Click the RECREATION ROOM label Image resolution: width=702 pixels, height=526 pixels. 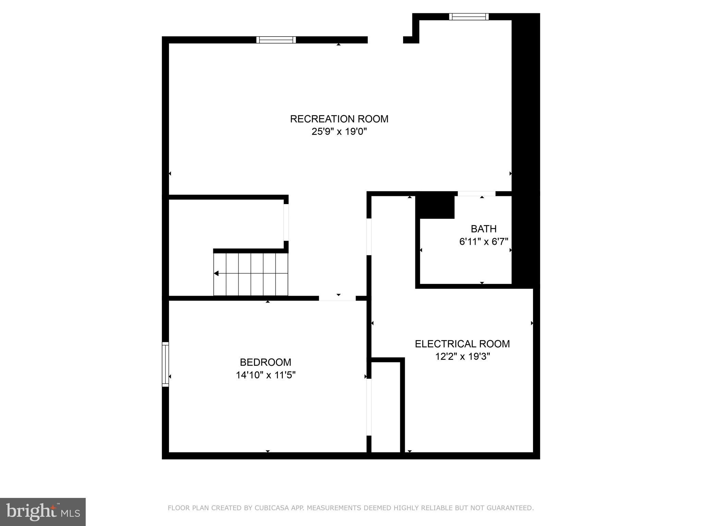339,119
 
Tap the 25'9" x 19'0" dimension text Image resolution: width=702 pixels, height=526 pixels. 339,132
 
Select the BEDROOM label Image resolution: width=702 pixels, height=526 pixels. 265,362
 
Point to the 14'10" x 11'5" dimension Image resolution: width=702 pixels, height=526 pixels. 265,375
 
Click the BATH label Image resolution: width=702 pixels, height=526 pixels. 483,228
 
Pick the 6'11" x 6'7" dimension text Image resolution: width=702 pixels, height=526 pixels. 483,242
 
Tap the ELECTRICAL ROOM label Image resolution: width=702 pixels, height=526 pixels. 462,343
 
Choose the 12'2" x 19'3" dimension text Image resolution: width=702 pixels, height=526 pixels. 462,356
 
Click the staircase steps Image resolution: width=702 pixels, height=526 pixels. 251,274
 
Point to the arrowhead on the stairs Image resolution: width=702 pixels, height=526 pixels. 216,273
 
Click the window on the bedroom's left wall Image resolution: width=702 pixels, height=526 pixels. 165,364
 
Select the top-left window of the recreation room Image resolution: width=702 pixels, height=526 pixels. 276,40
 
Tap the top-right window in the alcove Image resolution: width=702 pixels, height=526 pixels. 469,16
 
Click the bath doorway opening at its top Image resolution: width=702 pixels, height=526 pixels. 476,194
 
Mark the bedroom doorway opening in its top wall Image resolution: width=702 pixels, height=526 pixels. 337,298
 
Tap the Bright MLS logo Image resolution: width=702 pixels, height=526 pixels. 43,512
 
